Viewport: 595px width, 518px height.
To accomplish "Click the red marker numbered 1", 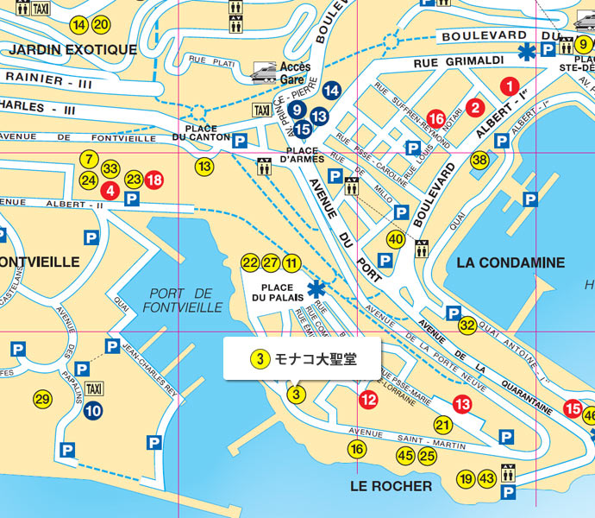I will click(x=510, y=85).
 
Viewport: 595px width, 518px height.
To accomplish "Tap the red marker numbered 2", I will click(x=474, y=108).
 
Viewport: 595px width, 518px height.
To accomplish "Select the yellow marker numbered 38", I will click(x=479, y=160).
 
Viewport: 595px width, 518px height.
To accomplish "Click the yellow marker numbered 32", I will click(x=467, y=325).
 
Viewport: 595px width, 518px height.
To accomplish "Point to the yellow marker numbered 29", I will click(x=41, y=399).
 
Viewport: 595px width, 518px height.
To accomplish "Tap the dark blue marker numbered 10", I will click(x=93, y=411).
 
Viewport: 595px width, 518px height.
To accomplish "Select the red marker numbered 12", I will click(x=368, y=399).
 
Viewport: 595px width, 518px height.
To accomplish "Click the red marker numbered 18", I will click(x=153, y=180).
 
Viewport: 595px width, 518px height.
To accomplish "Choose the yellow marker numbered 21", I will click(x=443, y=425).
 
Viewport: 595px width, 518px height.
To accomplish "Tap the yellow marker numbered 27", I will click(x=271, y=262).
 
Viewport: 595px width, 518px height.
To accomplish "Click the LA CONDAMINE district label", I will click(x=511, y=262).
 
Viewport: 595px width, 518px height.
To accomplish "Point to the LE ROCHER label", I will click(x=391, y=486).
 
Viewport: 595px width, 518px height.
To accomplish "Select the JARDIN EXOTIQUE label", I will click(x=72, y=49).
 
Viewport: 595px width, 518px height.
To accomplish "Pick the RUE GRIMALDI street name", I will click(x=448, y=61).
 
